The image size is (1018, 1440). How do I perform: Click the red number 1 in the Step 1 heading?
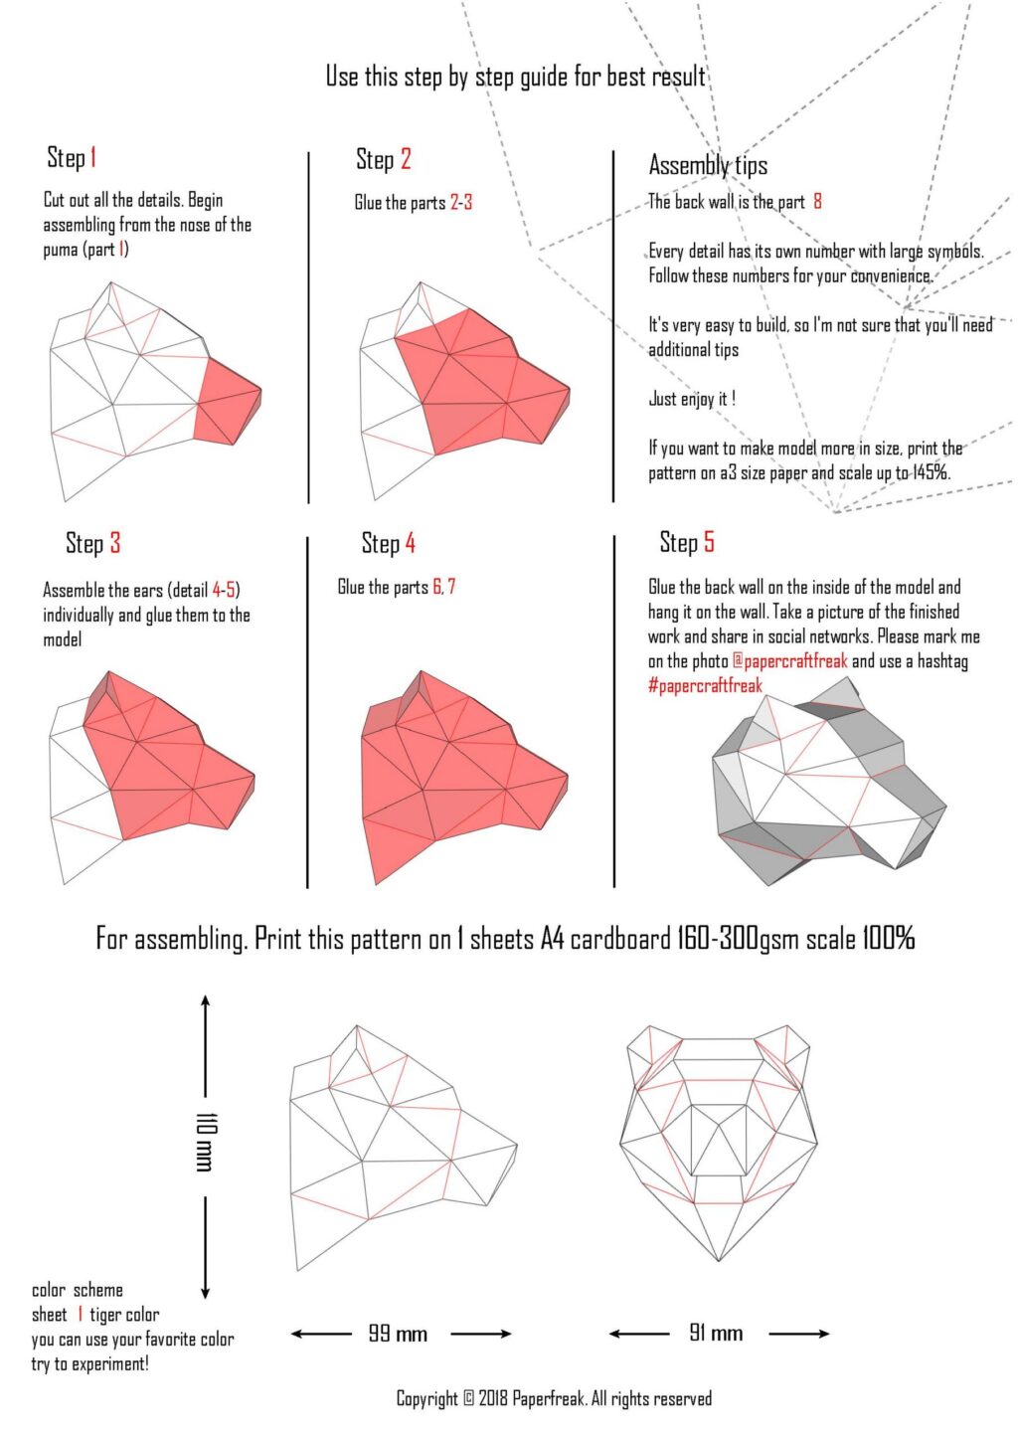93,157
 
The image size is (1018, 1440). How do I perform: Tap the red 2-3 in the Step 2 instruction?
461,203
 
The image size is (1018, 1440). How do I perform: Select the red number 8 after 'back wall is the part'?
817,201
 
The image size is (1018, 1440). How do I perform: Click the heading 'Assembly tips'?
708,165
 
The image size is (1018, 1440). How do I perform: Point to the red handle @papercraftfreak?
789,661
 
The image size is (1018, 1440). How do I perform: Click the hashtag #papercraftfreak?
705,685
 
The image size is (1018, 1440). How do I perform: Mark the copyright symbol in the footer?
468,1398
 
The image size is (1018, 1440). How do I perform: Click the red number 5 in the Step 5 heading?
708,542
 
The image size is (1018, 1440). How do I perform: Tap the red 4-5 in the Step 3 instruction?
224,590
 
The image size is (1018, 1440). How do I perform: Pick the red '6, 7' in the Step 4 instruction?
444,587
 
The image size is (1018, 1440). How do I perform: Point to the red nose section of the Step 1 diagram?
227,403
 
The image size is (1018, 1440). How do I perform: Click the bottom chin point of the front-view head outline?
719,1261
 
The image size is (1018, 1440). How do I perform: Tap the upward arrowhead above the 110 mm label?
205,1002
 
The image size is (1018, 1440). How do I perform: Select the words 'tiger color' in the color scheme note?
124,1315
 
